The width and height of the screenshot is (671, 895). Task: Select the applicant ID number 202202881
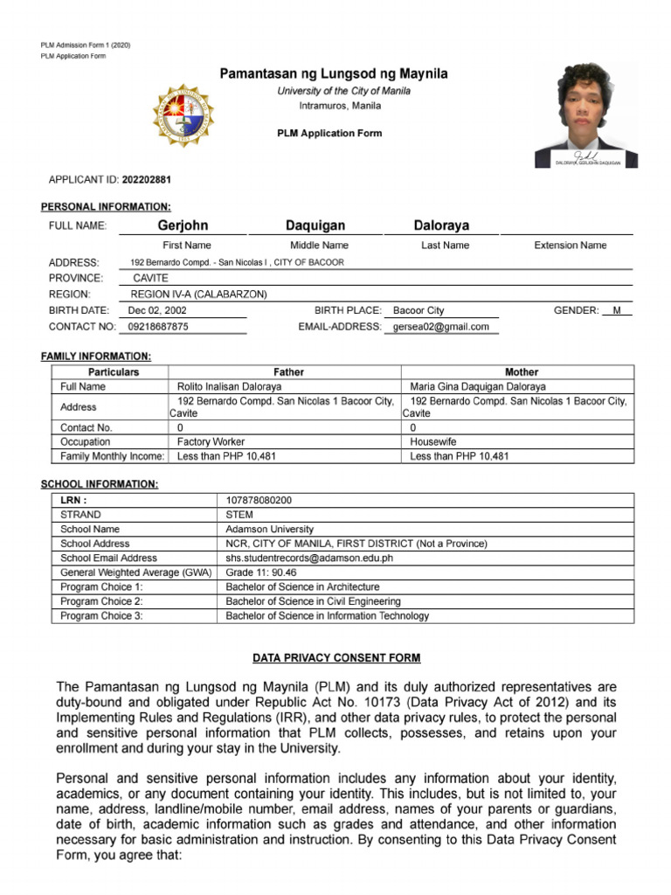pos(147,180)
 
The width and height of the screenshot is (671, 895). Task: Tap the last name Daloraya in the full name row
pos(441,225)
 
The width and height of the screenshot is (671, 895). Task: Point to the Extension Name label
pos(570,246)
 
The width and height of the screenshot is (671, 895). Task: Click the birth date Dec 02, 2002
pos(157,310)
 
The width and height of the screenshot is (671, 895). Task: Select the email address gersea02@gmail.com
pos(441,327)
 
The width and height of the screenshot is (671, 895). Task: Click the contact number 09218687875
pos(158,327)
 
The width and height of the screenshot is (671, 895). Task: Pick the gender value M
pos(616,310)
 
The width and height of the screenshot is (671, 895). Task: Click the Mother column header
pos(522,372)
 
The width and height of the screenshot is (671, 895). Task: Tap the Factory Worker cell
pos(211,442)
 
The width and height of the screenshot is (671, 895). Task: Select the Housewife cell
pos(433,442)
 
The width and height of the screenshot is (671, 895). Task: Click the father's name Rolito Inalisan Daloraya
pos(229,386)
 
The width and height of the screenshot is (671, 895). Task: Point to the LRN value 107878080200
pos(259,501)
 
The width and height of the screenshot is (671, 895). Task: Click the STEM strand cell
pos(239,515)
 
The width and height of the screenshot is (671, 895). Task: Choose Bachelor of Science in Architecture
pos(302,587)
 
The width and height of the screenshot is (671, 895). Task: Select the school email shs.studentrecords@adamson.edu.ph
pos(309,558)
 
